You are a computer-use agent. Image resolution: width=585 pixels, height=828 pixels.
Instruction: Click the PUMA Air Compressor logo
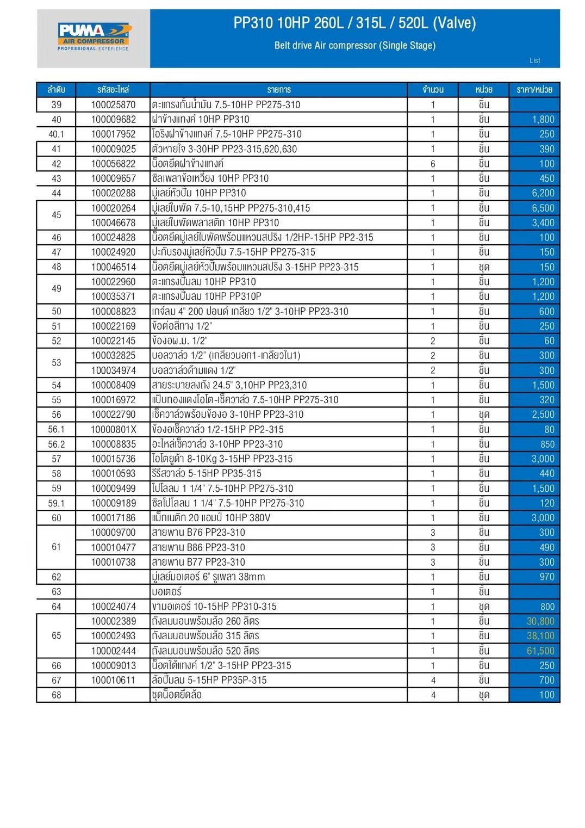[94, 36]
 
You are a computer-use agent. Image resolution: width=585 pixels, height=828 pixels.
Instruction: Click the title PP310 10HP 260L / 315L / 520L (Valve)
[354, 23]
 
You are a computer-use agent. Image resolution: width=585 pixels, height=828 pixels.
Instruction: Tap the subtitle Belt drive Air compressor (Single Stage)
[354, 46]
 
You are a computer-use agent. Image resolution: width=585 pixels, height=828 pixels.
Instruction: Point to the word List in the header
[535, 60]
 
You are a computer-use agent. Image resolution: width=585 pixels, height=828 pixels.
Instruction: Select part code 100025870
[113, 104]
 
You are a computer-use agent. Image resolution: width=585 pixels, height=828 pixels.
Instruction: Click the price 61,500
[540, 651]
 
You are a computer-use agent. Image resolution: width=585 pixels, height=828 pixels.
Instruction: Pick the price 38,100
[540, 636]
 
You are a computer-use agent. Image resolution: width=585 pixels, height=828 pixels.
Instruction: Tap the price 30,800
[540, 621]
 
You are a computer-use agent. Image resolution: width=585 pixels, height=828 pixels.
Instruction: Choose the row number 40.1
[56, 134]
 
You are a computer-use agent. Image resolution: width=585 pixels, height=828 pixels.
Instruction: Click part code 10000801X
[113, 429]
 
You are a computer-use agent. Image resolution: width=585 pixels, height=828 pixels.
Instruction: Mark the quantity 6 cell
[433, 164]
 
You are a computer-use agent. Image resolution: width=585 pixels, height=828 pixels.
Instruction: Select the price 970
[546, 577]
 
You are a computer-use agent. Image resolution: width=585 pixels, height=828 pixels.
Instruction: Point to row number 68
[56, 695]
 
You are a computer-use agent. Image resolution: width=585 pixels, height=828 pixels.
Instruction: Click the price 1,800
[543, 120]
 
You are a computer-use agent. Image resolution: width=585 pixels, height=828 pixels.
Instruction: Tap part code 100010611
[113, 680]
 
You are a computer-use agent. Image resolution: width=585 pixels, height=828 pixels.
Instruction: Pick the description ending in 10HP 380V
[211, 518]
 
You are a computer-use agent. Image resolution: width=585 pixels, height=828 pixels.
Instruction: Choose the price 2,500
[543, 415]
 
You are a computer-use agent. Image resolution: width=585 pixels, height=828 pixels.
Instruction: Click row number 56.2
[56, 444]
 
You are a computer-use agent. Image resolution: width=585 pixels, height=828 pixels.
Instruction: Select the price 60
[549, 341]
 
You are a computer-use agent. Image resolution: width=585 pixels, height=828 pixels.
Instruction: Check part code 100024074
[113, 607]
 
